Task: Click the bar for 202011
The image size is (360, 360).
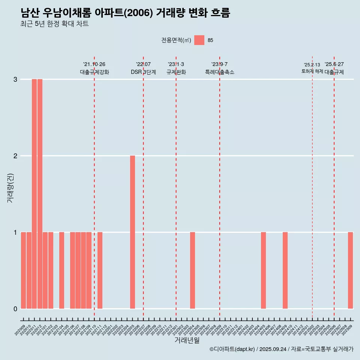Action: pos(34,194)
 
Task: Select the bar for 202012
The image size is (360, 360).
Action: pos(40,194)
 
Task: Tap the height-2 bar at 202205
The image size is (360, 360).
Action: pos(132,232)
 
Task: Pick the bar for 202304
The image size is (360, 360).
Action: pos(192,270)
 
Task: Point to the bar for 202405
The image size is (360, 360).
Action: pos(263,270)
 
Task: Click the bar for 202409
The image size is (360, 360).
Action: pos(285,270)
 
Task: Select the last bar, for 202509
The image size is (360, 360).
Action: pos(350,270)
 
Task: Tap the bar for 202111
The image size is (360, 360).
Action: pos(100,270)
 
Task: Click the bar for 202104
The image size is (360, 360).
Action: pos(61,270)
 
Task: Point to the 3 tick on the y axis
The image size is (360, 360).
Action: pos(15,79)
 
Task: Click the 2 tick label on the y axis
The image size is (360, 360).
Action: pos(15,156)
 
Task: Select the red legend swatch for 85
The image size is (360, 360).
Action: pos(199,40)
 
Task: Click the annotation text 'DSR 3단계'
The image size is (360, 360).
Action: pos(143,72)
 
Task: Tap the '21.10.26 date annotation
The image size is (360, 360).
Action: pos(94,64)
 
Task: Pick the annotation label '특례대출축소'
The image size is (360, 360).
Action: pos(220,72)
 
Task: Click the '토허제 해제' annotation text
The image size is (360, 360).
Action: pos(312,71)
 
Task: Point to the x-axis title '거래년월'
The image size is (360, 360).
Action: pos(187,340)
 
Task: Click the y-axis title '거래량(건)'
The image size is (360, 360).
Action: pos(10,188)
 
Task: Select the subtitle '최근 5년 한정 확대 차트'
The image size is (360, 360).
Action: pos(55,24)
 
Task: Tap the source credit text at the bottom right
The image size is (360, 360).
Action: pos(281,349)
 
